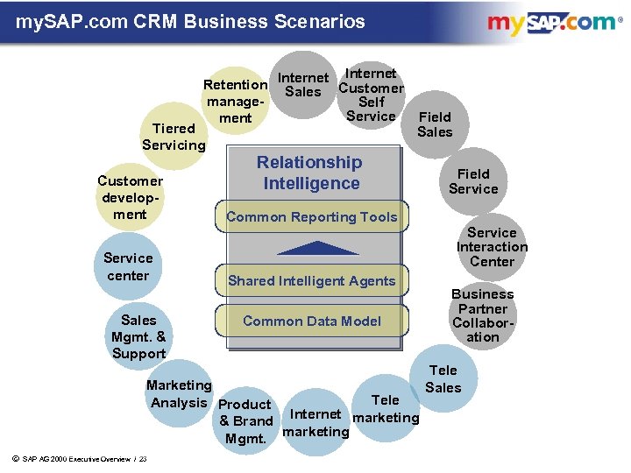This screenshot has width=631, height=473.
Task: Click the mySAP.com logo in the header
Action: (x=551, y=24)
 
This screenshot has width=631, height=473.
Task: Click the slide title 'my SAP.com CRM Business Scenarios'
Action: (x=190, y=21)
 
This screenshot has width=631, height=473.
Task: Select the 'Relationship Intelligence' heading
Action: (x=310, y=173)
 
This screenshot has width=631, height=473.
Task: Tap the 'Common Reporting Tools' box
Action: (x=311, y=217)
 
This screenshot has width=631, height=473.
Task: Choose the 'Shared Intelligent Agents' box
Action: (x=311, y=281)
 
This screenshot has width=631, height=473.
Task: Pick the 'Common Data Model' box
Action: (x=311, y=321)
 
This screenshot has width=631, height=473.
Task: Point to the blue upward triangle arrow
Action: (x=311, y=248)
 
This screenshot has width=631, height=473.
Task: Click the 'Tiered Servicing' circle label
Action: (x=174, y=137)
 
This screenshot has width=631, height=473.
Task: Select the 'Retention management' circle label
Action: (x=235, y=101)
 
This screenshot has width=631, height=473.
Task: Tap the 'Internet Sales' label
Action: (x=302, y=85)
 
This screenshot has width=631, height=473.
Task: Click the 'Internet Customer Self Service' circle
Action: (x=371, y=95)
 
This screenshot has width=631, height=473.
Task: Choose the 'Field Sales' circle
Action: (x=435, y=124)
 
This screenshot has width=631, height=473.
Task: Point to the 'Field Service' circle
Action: (x=473, y=181)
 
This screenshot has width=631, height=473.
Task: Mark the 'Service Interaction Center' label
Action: (x=492, y=247)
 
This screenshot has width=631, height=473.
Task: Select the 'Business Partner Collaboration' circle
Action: (x=483, y=315)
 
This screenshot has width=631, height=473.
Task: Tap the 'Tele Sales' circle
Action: (x=443, y=379)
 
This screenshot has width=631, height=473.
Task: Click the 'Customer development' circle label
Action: (x=130, y=197)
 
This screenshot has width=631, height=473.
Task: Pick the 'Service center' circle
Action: (x=128, y=266)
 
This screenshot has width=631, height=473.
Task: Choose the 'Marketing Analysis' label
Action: (x=179, y=394)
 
